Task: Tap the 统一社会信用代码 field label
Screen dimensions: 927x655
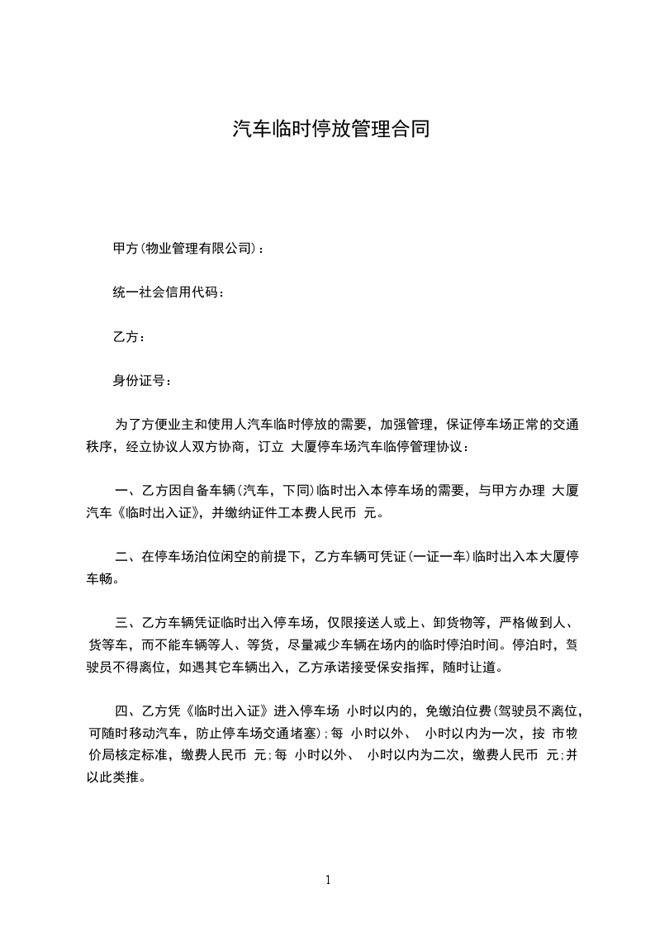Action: coord(167,292)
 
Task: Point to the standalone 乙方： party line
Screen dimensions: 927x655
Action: coord(129,337)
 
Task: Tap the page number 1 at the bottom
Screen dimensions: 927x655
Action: coord(328,880)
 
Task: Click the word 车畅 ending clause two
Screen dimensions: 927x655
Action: coord(102,578)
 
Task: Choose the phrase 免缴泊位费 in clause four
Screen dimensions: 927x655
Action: coord(458,710)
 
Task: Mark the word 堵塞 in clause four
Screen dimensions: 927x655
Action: coord(302,732)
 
